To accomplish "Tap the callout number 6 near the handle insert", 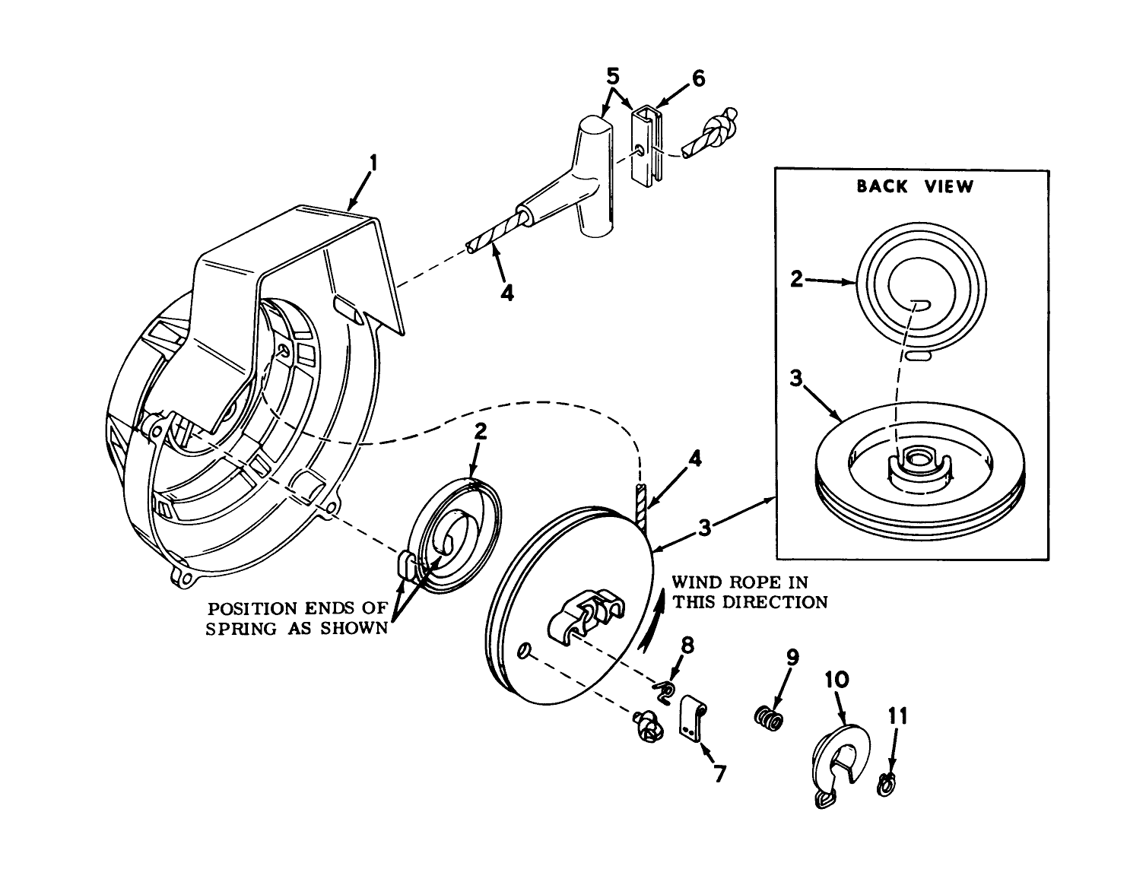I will [x=697, y=78].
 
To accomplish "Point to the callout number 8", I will [x=687, y=646].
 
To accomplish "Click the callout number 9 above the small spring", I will [x=792, y=657].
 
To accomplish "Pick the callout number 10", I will [x=836, y=679].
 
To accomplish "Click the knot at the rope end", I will [x=721, y=125].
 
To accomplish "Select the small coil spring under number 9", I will [x=768, y=718].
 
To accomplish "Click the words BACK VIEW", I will [x=914, y=186].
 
